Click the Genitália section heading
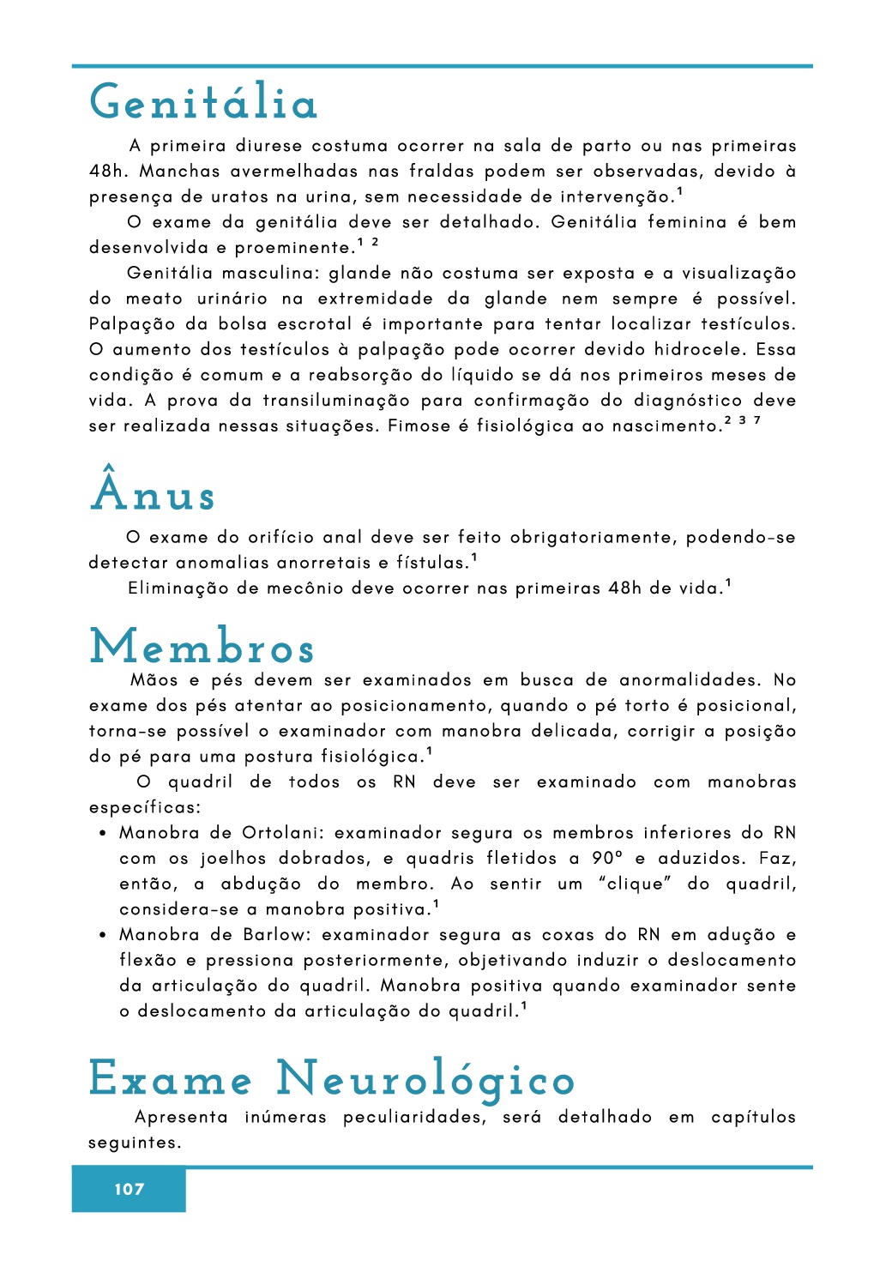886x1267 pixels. (x=204, y=103)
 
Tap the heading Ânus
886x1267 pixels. (x=153, y=492)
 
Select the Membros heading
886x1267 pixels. (x=202, y=648)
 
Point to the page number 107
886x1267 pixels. (x=129, y=1189)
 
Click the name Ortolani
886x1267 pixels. (x=282, y=833)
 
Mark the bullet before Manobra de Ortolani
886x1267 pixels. (x=102, y=834)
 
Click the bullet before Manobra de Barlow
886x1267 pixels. (x=102, y=936)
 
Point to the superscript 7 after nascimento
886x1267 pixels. (x=757, y=420)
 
